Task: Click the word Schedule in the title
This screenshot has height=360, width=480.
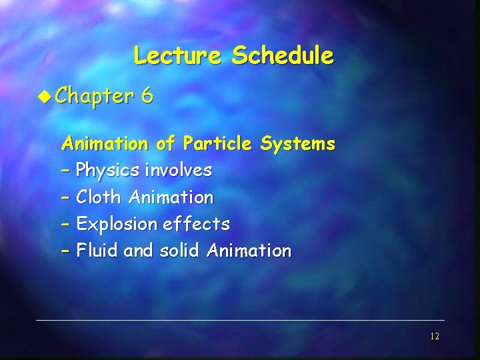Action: tap(282, 55)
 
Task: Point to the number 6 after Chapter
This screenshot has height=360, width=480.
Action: tap(147, 97)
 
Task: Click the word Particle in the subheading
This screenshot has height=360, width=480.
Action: tap(217, 143)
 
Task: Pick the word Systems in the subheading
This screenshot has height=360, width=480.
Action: tap(298, 143)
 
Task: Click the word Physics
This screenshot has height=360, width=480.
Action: tap(107, 171)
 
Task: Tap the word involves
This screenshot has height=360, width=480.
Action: tap(178, 171)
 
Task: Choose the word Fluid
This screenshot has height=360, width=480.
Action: tap(97, 251)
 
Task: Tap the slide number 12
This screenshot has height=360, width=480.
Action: tap(434, 337)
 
